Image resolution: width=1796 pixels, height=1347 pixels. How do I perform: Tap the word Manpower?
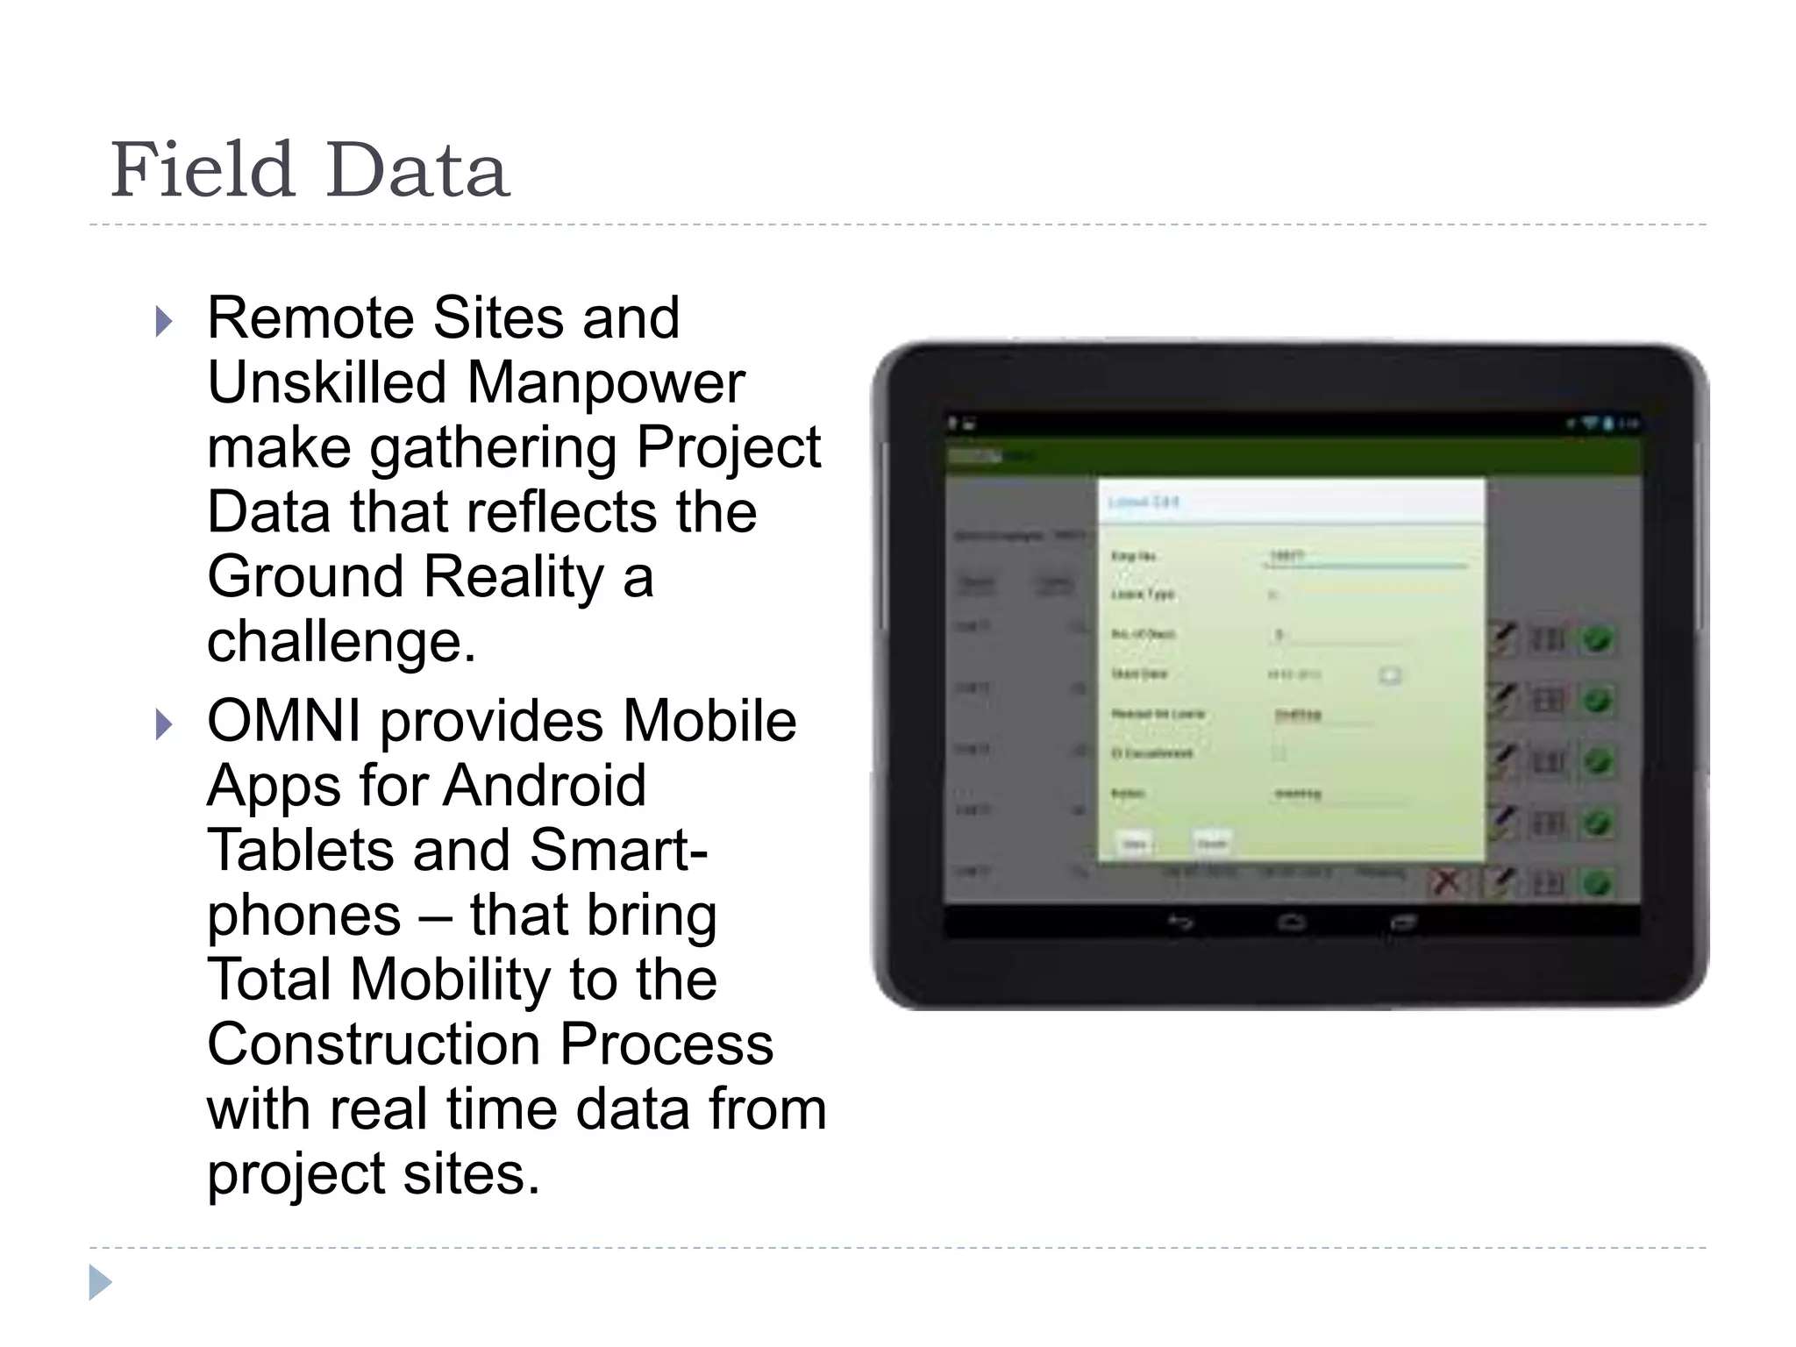[605, 383]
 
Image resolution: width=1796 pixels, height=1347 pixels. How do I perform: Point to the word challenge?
[340, 642]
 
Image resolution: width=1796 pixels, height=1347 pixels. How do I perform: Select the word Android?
[544, 785]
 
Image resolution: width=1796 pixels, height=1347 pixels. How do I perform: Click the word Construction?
[374, 1044]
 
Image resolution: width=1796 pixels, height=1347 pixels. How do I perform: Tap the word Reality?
[514, 577]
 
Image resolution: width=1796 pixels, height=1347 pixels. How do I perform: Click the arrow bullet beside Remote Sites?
[163, 322]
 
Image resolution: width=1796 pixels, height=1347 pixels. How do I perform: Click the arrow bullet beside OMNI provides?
[163, 725]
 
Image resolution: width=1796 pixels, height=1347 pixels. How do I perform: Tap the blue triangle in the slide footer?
[100, 1282]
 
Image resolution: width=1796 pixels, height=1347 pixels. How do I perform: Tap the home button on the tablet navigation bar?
[1291, 923]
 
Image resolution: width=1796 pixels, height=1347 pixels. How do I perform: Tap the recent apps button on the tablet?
[1402, 923]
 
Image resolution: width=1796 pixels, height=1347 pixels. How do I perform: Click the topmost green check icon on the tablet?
[1598, 639]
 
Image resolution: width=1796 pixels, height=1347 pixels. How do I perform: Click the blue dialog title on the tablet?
[1144, 502]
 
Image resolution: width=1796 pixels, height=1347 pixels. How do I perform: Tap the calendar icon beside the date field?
[1390, 674]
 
